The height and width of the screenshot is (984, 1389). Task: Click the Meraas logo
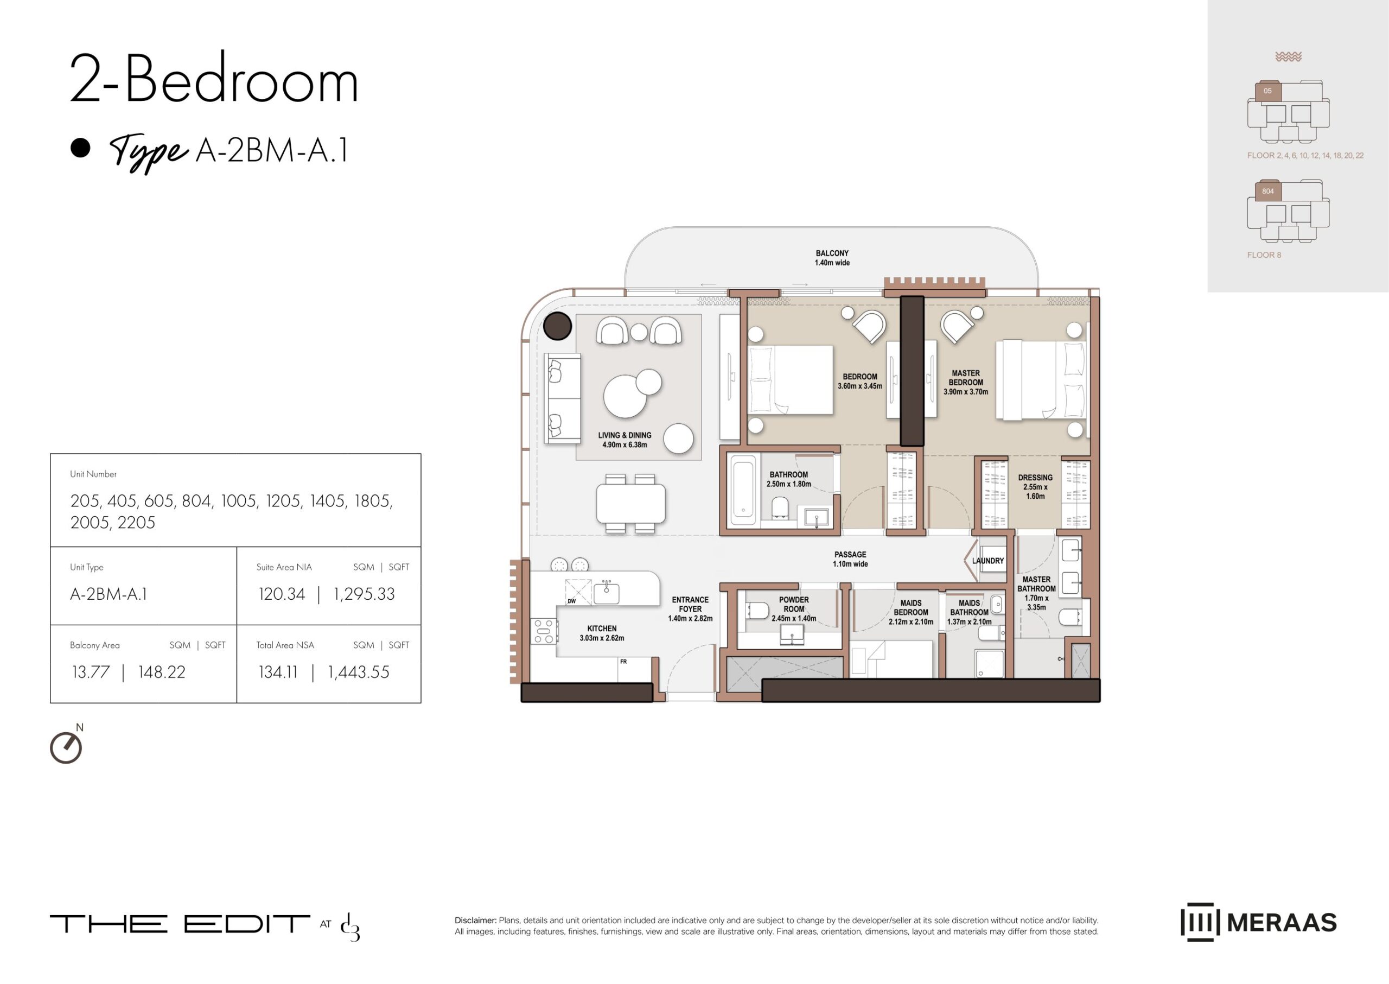[1258, 922]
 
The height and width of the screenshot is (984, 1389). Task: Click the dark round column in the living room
[557, 326]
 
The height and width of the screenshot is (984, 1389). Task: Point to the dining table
[630, 504]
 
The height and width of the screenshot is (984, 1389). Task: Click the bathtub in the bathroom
[743, 490]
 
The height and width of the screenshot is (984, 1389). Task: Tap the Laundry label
[988, 561]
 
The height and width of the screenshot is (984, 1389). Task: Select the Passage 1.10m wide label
[850, 559]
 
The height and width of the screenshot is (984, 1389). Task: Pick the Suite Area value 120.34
[282, 594]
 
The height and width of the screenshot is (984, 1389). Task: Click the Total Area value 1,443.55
[359, 672]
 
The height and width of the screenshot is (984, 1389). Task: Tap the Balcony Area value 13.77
[91, 672]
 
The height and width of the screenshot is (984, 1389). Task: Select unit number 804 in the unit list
[197, 501]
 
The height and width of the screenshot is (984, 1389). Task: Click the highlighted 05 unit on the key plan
[1267, 91]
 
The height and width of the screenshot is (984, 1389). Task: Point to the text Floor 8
[1264, 255]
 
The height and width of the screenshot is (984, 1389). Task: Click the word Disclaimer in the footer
[475, 920]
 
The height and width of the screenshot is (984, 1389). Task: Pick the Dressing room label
[1035, 486]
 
